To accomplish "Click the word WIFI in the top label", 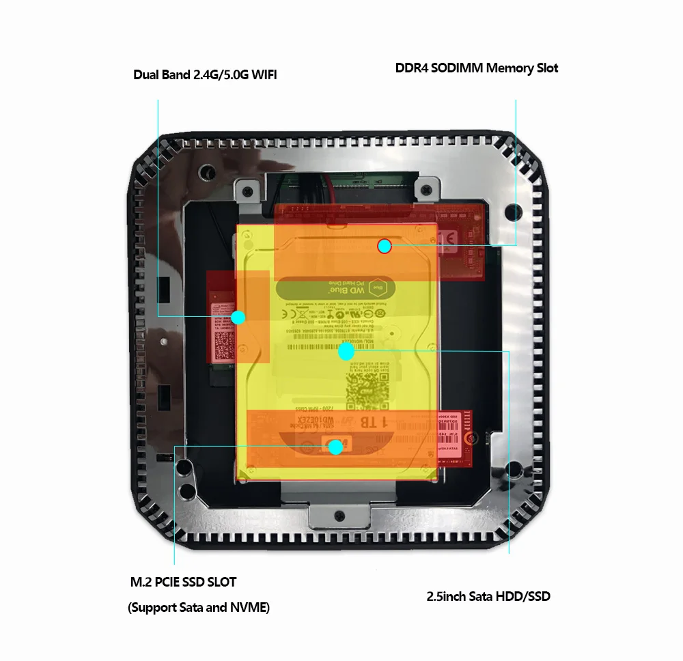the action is click(x=264, y=74).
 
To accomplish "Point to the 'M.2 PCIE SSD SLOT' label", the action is click(x=183, y=582).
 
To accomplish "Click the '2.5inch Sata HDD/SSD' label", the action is click(x=488, y=596).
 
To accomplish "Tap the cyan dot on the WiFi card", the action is click(x=238, y=317).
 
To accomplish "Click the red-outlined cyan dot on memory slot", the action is click(x=385, y=246).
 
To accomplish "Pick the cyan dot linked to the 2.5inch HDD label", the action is click(x=346, y=352).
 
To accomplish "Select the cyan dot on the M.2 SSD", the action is click(x=335, y=447).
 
